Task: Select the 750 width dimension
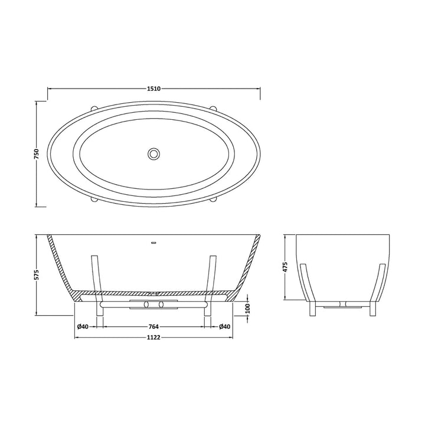point(36,154)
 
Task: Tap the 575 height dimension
point(36,276)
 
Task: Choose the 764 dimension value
point(153,327)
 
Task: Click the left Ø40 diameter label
point(83,327)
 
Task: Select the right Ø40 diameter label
point(224,327)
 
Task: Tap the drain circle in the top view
point(153,154)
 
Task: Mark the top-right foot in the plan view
point(214,107)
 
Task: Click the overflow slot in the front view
point(153,242)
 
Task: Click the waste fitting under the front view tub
point(153,304)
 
